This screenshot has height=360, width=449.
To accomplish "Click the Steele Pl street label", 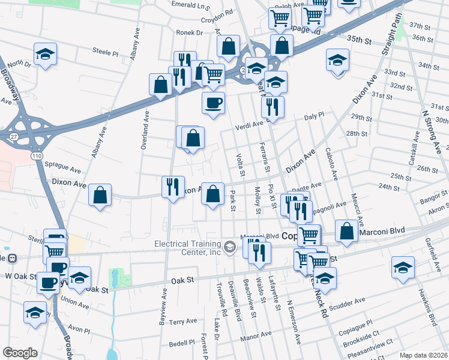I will pyautogui.click(x=106, y=52).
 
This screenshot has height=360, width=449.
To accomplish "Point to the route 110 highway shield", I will pyautogui.click(x=37, y=156).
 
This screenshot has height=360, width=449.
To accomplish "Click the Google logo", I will pyautogui.click(x=20, y=353).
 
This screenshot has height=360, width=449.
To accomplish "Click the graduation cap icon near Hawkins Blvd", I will pyautogui.click(x=403, y=268).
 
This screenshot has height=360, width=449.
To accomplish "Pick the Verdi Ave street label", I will pyautogui.click(x=250, y=124).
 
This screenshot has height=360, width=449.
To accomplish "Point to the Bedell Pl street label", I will pyautogui.click(x=182, y=344).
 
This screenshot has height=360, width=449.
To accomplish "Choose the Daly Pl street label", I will pyautogui.click(x=314, y=114).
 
